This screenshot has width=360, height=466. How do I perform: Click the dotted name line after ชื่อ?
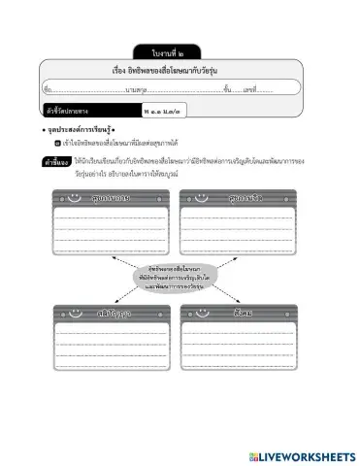pos(87,89)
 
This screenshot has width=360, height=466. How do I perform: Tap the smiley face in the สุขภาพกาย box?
pos(75,199)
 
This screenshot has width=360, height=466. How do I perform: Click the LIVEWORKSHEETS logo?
pos(301,455)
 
